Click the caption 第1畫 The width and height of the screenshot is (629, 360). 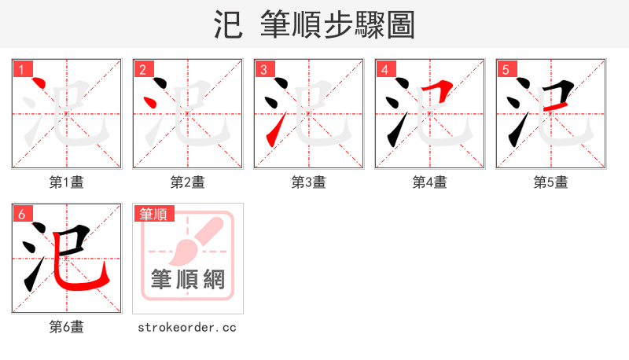[67, 182]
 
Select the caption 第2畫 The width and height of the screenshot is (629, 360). [188, 182]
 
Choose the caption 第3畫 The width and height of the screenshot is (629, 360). [309, 182]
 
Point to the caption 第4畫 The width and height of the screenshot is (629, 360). [430, 182]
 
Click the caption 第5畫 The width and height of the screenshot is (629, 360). [551, 182]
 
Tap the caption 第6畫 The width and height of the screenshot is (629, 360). [67, 327]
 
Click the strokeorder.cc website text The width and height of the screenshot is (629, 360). [188, 327]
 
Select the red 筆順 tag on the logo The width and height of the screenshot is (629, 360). [154, 214]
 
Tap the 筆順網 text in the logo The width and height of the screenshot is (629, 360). [188, 280]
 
